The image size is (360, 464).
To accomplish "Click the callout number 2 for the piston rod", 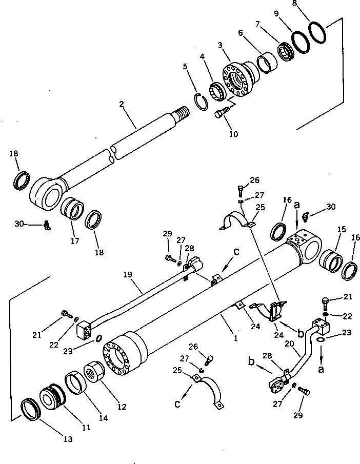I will click(x=122, y=104).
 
